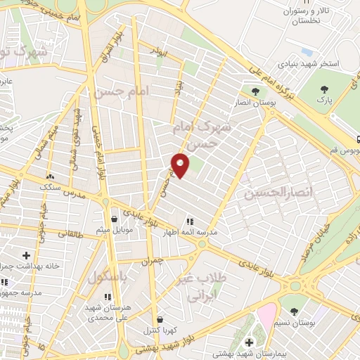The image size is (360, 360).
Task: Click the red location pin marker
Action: tap(181, 165)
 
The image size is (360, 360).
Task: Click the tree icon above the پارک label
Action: tap(324, 89)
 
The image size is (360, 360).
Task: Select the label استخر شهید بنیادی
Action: tap(310, 64)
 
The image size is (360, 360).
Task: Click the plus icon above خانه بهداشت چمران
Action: tap(27, 255)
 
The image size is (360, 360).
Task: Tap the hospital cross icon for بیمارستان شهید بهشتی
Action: tap(248, 342)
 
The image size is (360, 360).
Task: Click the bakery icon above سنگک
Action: tap(50, 177)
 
